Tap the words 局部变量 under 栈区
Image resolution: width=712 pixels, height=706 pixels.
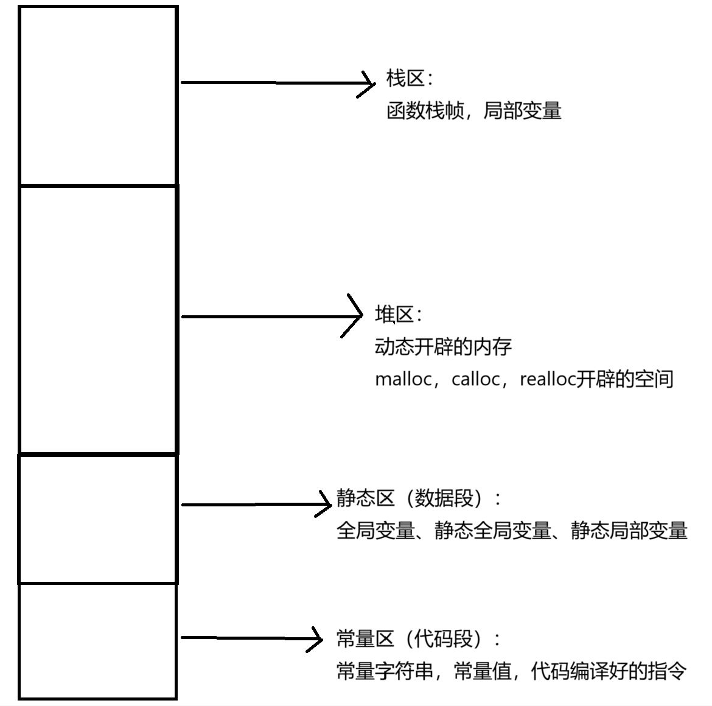(x=522, y=111)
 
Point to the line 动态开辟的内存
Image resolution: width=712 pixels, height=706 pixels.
(x=443, y=347)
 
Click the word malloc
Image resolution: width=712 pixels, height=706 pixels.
(x=403, y=379)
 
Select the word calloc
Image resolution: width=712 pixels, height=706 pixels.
(x=475, y=379)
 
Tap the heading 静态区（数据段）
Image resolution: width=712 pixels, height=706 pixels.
(x=413, y=498)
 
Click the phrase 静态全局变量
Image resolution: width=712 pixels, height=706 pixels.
(x=492, y=531)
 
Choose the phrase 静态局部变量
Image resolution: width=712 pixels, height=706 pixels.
(x=629, y=531)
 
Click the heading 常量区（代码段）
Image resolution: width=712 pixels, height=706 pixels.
(x=413, y=638)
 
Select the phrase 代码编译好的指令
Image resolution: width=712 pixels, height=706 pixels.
(x=609, y=671)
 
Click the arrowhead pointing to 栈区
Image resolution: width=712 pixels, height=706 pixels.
(x=369, y=83)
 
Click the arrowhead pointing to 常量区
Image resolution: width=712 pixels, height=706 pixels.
(x=316, y=638)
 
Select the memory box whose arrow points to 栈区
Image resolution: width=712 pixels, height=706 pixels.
(x=98, y=96)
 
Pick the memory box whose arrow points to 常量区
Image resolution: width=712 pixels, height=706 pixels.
(x=98, y=640)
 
